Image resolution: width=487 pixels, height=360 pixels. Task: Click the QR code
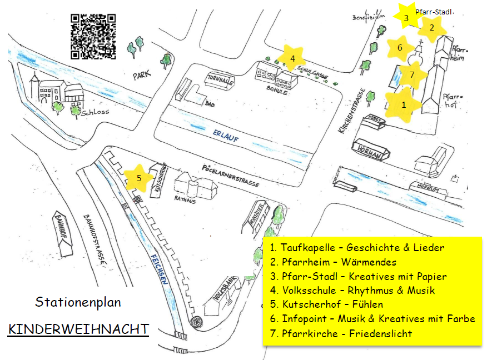click(93, 36)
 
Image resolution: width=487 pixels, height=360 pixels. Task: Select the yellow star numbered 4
click(292, 57)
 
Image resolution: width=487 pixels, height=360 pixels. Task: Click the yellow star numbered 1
click(404, 103)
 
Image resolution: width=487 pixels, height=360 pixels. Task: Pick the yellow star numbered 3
click(406, 18)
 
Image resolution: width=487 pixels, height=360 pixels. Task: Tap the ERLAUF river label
click(225, 136)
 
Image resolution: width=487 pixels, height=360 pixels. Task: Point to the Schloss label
click(95, 112)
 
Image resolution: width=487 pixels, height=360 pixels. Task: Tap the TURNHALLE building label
click(220, 78)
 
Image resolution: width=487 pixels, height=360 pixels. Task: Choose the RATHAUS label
click(185, 200)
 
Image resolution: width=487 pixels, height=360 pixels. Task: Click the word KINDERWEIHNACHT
click(78, 328)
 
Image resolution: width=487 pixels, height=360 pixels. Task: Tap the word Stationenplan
click(78, 303)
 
